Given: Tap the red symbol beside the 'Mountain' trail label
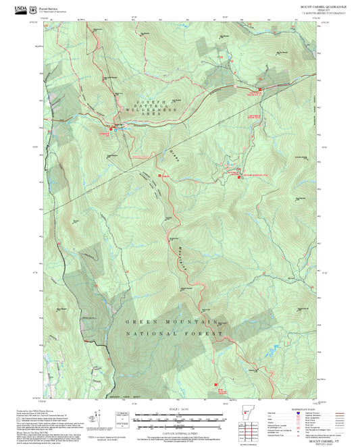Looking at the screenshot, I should click(x=159, y=176).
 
